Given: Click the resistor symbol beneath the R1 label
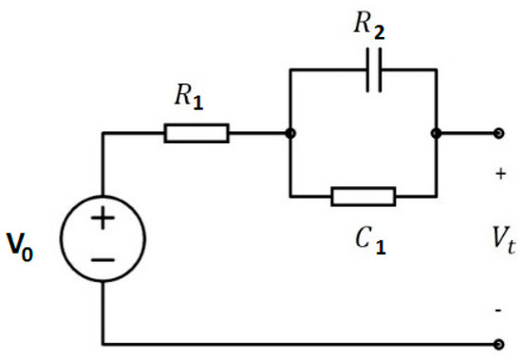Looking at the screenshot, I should click(x=196, y=133).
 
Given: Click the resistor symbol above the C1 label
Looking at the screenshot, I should click(x=363, y=197).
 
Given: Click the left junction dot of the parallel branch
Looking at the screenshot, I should click(x=290, y=133).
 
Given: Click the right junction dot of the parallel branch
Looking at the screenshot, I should click(x=435, y=133).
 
